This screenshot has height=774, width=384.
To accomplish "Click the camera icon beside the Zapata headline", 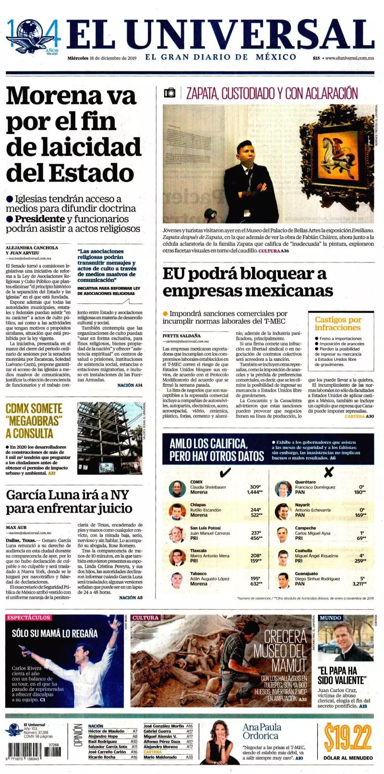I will [x=170, y=93].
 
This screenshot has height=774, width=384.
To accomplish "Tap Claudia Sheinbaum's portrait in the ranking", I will [x=178, y=489].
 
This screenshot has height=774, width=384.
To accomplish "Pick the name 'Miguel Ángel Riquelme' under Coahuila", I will [x=316, y=556].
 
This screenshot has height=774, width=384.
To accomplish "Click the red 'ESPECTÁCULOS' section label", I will [x=29, y=618].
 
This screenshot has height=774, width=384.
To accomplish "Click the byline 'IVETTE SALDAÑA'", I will [x=181, y=335].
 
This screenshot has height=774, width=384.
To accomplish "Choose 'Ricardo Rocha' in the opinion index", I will [x=102, y=757].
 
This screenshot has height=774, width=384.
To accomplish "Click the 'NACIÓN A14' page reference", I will [x=130, y=385].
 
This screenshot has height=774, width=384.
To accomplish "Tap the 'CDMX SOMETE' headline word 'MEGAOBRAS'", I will [x=35, y=421].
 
